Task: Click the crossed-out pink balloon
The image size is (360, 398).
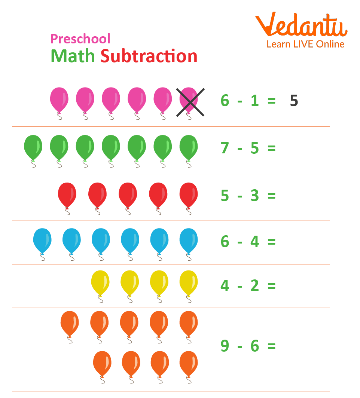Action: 189,100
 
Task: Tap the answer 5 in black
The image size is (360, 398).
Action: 294,101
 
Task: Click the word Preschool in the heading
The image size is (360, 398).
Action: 80,39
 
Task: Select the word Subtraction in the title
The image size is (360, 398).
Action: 149,56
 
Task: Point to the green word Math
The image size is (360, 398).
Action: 73,56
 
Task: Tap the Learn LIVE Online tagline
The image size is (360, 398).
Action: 305,44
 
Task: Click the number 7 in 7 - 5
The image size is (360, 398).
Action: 225,149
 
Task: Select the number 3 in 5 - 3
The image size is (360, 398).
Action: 254,196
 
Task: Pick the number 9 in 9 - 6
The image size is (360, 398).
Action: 225,346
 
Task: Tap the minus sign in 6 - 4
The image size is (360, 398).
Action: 240,242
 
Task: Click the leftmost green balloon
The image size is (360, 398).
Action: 33,147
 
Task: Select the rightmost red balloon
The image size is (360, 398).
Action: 189,195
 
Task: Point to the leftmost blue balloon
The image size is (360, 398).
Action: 42,240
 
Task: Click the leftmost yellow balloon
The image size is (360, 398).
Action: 100,282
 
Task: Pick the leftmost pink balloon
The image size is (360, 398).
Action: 59,99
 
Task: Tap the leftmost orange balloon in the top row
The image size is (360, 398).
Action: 70,323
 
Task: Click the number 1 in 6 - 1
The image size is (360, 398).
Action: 254,101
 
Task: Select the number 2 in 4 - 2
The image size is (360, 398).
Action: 254,286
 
